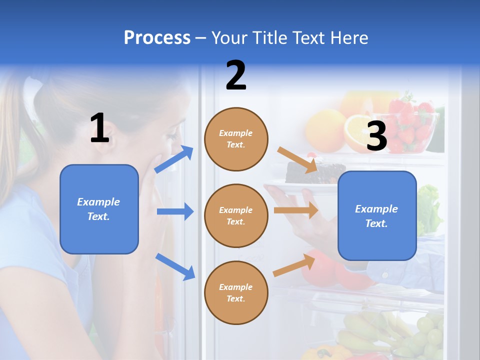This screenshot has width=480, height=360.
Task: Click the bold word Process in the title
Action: pos(157,38)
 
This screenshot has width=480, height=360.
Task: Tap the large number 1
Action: pos(99,128)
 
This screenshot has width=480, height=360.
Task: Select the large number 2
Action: pos(236,75)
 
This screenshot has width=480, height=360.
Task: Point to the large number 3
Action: pos(376,136)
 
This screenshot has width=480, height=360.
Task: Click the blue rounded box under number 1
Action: pos(99,209)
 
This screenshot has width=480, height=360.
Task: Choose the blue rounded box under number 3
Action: pos(377,215)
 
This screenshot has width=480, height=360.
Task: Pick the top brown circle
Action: pos(236,139)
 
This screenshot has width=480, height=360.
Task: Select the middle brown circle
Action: pos(236,215)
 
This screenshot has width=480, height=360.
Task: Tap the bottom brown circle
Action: pos(236,292)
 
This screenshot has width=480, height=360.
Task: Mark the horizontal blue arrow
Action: pos(175,211)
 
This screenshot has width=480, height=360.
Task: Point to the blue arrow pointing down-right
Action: pos(175,266)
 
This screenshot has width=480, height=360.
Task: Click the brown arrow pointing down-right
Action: pos(297,159)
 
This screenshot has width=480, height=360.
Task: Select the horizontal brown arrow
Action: pos(296,210)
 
